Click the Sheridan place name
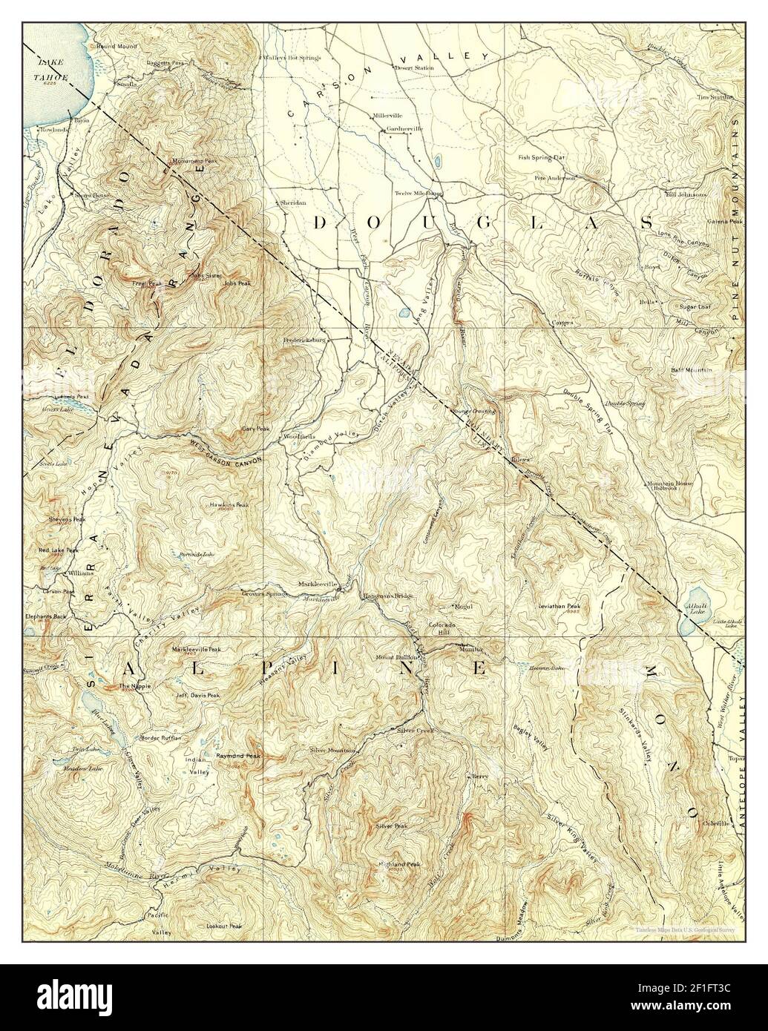[x=292, y=202]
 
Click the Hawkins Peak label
[x=229, y=504]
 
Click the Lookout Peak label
[x=225, y=926]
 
